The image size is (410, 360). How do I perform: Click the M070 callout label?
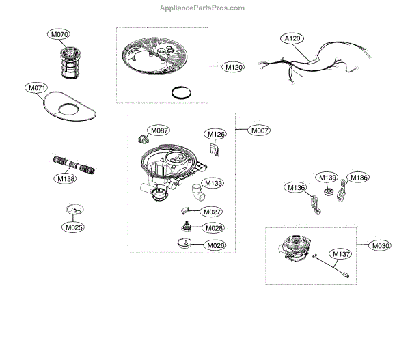click(58, 33)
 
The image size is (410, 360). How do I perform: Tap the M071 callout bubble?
click(37, 88)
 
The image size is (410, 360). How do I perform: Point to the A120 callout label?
click(292, 39)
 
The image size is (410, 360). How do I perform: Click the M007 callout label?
click(260, 130)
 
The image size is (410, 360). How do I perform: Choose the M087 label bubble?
click(160, 130)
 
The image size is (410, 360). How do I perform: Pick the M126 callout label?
click(216, 135)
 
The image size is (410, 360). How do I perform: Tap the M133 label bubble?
click(214, 184)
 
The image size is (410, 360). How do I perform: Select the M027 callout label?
click(213, 212)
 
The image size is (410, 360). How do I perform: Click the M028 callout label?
click(215, 228)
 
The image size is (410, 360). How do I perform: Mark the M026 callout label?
click(215, 245)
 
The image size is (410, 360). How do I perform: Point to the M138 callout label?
click(66, 179)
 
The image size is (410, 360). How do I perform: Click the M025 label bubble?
click(74, 227)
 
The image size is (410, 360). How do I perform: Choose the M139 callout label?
click(327, 178)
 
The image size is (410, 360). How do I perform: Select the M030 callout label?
click(381, 245)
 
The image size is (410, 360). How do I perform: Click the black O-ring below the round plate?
click(180, 94)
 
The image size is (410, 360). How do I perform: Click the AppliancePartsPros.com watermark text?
click(206, 8)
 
